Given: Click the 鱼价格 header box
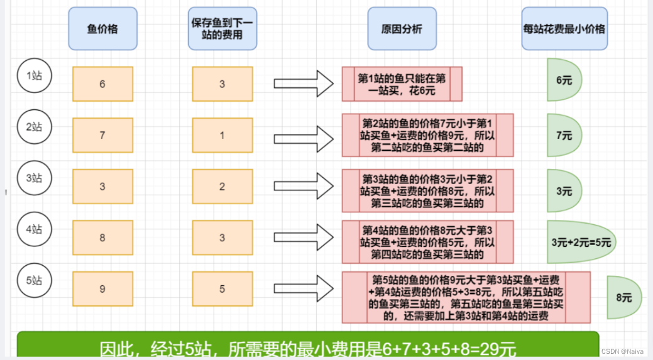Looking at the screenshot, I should [x=102, y=28].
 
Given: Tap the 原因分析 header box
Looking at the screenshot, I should [x=402, y=28].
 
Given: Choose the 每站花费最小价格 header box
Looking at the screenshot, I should [x=564, y=28].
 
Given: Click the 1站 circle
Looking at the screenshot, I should [x=34, y=76].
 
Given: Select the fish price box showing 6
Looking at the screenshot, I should [x=102, y=84].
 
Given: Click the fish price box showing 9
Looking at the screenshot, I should [x=102, y=289].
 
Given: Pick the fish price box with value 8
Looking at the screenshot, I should [x=102, y=237].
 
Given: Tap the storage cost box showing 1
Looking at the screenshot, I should [x=222, y=135].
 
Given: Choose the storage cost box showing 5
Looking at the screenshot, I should [x=222, y=289].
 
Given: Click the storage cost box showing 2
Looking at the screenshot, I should [x=222, y=187].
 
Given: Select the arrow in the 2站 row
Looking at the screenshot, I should [x=304, y=135].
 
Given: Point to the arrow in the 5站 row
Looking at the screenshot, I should [x=304, y=289].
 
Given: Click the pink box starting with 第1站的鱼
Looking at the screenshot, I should [x=402, y=84].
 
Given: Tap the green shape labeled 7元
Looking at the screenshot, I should [x=563, y=135].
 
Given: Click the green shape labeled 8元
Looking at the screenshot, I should [x=622, y=297].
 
